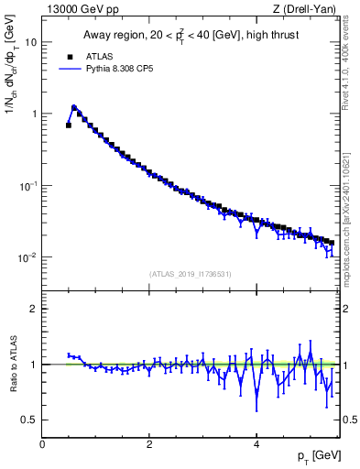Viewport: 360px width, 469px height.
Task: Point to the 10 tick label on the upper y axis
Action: coord(30,42)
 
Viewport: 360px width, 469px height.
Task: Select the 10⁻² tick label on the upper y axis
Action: coord(27,257)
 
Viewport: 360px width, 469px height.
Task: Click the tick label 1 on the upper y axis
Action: coord(33,114)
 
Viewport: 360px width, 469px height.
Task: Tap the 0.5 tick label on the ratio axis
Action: coord(27,420)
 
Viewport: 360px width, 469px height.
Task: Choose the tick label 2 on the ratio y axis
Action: coord(33,309)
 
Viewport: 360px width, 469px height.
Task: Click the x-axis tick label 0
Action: coord(42,444)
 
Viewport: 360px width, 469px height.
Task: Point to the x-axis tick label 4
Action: coord(256,444)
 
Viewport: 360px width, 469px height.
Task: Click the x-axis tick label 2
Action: coord(148,444)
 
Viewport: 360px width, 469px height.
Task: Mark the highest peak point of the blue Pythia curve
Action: coord(74,107)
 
